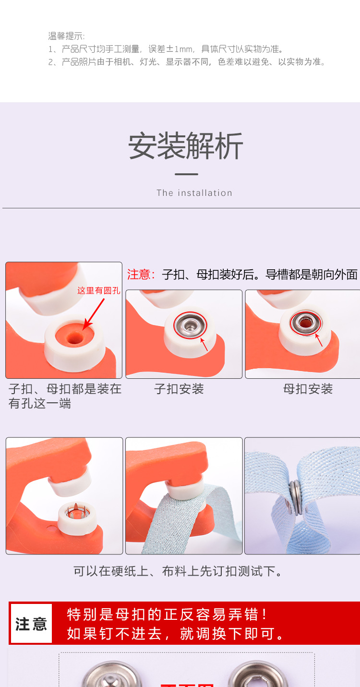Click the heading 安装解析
186,145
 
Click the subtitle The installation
194,193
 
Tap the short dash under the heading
186,174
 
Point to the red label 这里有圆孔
98,290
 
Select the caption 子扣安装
179,389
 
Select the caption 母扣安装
308,389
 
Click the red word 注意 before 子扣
141,275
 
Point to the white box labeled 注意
31,624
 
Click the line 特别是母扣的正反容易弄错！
168,615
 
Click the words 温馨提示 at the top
66,36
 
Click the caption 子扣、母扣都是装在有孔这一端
65,396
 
